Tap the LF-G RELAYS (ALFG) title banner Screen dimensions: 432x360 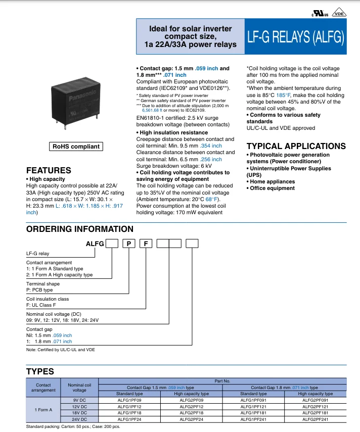coord(295,37)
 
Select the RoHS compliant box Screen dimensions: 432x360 coord(76,147)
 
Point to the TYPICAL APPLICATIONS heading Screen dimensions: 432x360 coord(296,147)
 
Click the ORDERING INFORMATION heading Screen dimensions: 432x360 coord(79,229)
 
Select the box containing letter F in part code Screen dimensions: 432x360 coord(146,244)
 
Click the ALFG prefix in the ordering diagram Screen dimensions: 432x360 coord(95,244)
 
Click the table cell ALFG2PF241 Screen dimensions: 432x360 coord(315,419)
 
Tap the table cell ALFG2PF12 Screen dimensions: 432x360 coord(191,406)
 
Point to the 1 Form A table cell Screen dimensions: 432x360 coord(43,409)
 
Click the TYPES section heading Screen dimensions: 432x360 coord(40,371)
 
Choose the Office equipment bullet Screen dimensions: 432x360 coord(272,188)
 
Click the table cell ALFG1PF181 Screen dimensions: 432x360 coord(253,412)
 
